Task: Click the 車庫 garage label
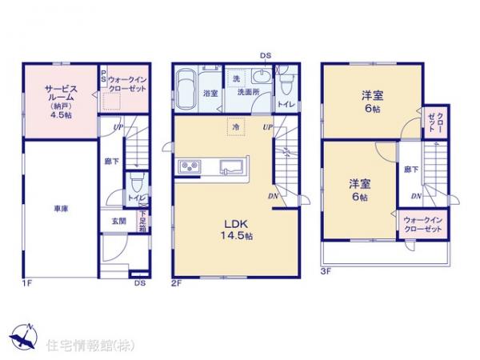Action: click(x=61, y=209)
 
